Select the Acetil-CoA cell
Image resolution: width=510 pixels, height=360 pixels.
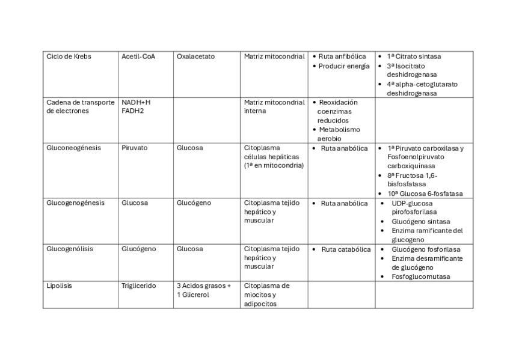[138, 56]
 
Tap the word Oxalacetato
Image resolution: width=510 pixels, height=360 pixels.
[195, 56]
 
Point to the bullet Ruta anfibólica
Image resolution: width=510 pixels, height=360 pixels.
[342, 56]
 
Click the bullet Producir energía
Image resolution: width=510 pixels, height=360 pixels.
[343, 66]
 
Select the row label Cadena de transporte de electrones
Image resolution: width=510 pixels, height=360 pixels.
[80, 106]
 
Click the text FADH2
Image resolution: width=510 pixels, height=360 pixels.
[134, 111]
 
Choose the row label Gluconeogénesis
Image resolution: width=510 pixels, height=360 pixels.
[73, 148]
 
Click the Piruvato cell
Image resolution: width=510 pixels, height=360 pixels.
[134, 148]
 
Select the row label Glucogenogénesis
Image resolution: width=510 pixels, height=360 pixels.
[75, 203]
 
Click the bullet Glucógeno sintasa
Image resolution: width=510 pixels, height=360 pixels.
[420, 222]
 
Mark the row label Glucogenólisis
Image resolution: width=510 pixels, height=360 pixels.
[72, 249]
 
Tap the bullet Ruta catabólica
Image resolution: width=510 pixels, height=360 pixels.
[346, 249]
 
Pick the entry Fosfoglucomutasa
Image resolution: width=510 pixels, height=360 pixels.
[420, 276]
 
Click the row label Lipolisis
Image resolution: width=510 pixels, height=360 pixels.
[59, 286]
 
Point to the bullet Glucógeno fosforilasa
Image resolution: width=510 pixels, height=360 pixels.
[426, 249]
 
